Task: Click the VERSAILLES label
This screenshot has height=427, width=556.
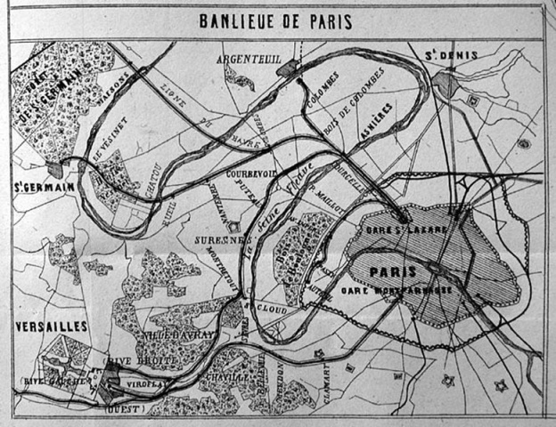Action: click(51, 326)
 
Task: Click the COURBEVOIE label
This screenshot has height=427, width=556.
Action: click(254, 173)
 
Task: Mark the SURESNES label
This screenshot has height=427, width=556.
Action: click(217, 240)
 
